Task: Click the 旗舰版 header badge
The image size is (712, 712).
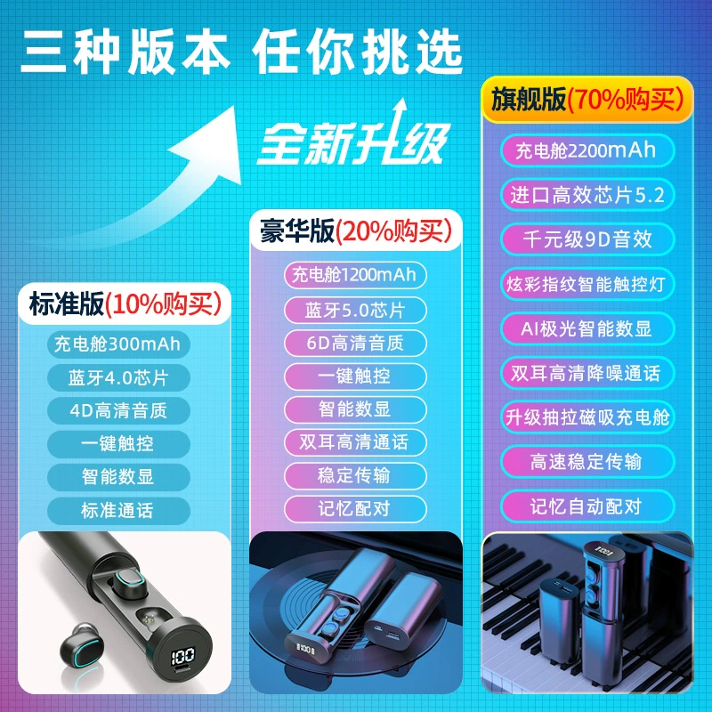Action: coord(587,100)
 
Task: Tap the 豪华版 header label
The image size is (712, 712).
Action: coord(356,231)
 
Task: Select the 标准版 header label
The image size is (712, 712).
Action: coord(125,303)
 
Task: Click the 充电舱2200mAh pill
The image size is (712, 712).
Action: coord(587,150)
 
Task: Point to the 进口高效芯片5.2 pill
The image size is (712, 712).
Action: coord(587,195)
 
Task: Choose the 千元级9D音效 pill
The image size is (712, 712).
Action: coord(587,239)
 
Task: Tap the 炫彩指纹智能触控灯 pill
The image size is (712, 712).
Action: coord(587,284)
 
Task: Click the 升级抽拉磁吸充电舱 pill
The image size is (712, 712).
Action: coord(587,417)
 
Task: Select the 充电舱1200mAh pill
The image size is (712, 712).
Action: coord(355,275)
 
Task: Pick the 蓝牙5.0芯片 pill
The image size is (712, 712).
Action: coord(355,310)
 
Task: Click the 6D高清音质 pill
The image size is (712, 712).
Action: coord(355,344)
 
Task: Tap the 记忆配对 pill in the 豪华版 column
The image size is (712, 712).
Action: coord(355,508)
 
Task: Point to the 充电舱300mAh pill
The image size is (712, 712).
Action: coord(118,344)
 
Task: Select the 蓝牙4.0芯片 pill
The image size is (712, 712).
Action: coord(118,377)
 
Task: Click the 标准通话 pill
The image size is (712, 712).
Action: coord(118,510)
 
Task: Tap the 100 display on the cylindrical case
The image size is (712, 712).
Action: coord(183,655)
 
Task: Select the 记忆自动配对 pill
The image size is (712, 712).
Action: coord(587,506)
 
